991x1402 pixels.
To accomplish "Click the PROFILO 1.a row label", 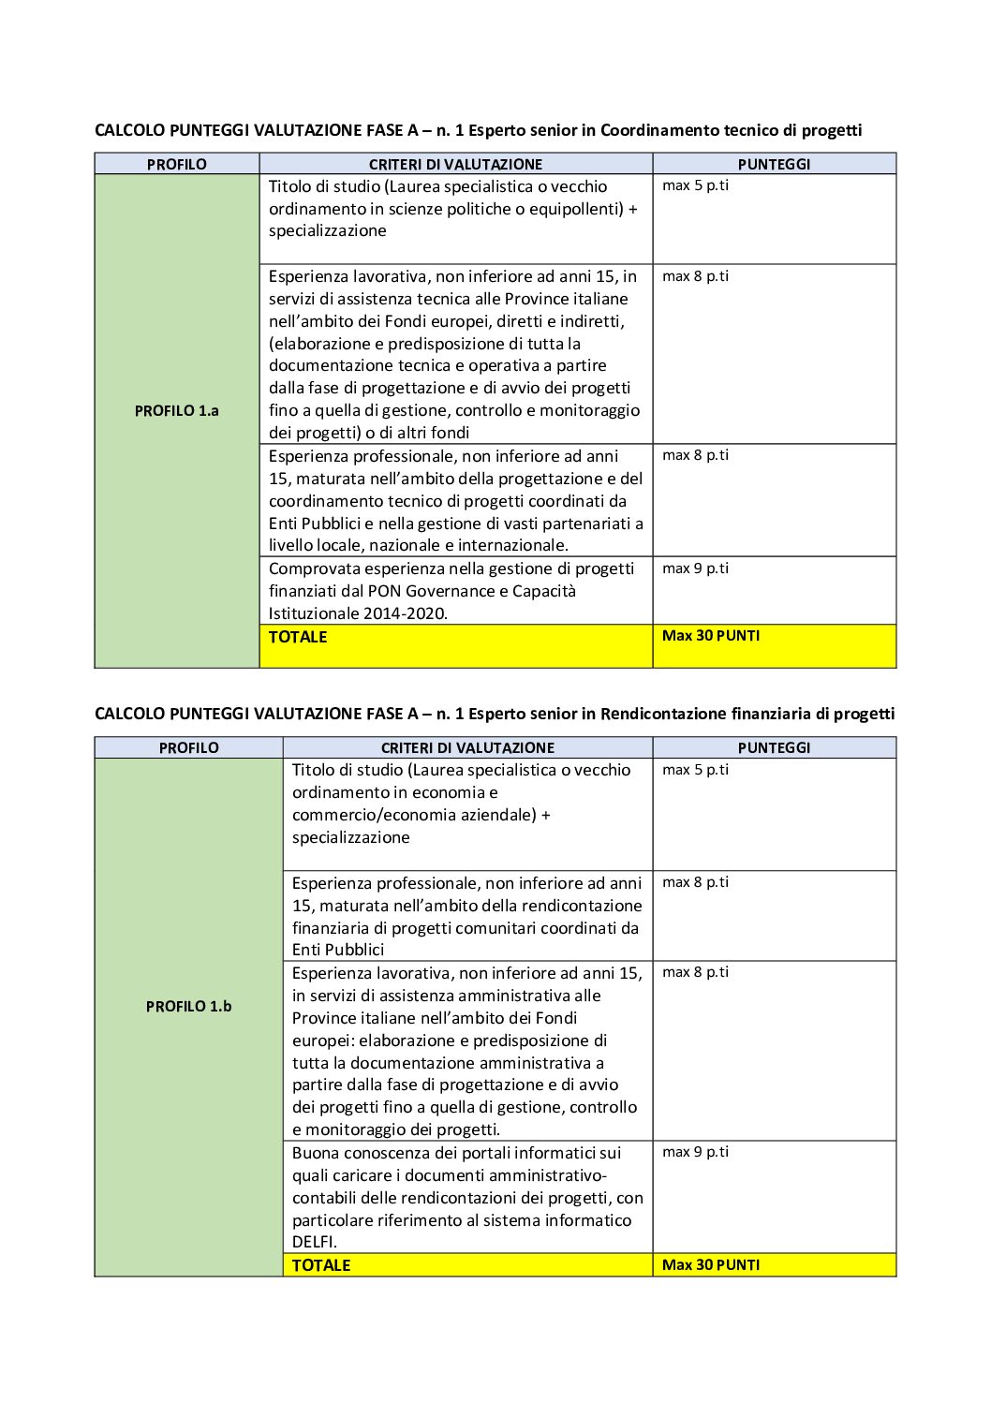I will [176, 410].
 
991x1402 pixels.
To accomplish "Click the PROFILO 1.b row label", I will [188, 1006].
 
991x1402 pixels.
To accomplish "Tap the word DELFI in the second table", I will [314, 1242].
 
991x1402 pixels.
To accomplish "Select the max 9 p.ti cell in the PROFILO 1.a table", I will [695, 568].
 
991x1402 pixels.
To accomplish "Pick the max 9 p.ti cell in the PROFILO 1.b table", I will [695, 1152].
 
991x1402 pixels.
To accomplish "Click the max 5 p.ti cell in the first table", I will [695, 185].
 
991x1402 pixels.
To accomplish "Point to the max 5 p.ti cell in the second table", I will [695, 770].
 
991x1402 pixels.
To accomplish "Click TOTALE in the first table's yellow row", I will [298, 637].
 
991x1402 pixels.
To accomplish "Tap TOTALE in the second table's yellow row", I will [320, 1265].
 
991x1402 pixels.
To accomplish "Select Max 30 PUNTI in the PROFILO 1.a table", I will [711, 636].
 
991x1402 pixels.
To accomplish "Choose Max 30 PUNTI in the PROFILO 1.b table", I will [711, 1264].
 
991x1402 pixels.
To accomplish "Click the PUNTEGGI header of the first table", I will [774, 164].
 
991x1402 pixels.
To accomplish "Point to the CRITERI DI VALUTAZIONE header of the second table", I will [467, 747].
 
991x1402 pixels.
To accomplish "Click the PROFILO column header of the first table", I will [176, 164].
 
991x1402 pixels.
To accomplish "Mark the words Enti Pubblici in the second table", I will [338, 950].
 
